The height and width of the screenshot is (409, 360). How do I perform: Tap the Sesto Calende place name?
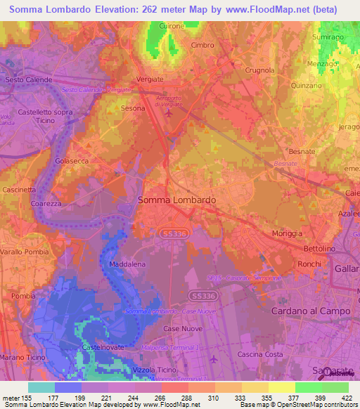29,80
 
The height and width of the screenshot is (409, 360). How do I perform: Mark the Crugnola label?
259,70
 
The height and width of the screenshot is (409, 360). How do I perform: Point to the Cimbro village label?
202,45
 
